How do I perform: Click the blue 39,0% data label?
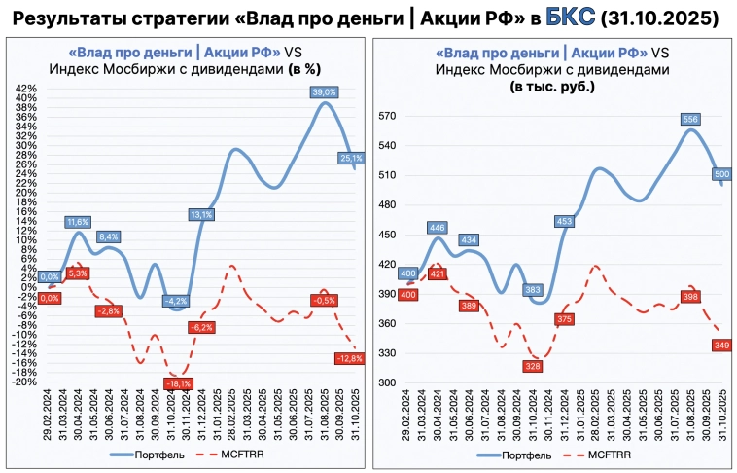(324, 92)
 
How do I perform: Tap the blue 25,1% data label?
(351, 158)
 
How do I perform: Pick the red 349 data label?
(721, 345)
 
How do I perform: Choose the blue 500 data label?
(721, 175)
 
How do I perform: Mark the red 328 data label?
(531, 366)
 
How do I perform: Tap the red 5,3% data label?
(78, 273)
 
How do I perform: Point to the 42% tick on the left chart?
(25, 88)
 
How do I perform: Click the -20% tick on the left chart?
(23, 382)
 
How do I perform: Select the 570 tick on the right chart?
(388, 116)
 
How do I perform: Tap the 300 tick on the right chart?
(388, 382)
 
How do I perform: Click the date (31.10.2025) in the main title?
(660, 18)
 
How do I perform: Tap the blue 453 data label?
(563, 221)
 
